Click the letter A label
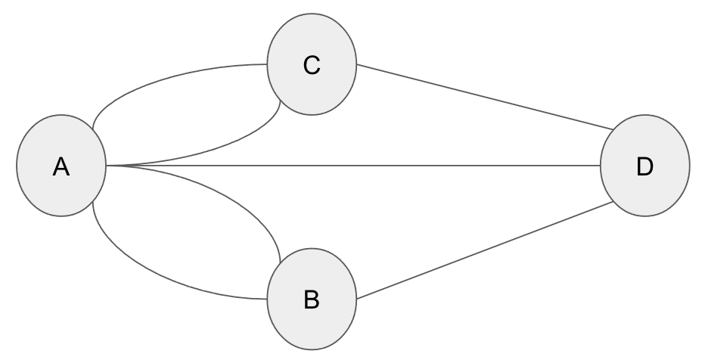point(61,167)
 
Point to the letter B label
point(311,300)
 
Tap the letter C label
point(311,66)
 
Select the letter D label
point(644,167)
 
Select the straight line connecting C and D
point(484,96)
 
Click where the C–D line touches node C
point(356,64)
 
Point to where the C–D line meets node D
point(611,129)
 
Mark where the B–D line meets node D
point(613,202)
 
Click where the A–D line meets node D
point(601,165)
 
